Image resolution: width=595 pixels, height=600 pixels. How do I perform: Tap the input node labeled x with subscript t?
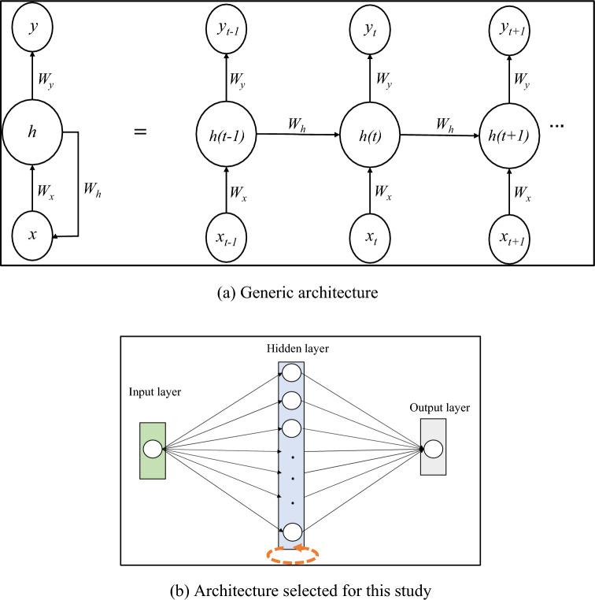point(368,235)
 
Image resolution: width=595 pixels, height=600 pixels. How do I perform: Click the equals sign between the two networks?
point(140,131)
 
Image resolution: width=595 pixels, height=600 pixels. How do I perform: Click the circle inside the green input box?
point(153,450)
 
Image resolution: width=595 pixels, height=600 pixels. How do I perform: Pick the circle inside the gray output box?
point(433,450)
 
